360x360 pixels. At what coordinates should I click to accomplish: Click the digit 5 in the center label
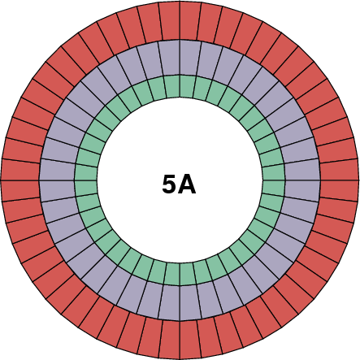[x=169, y=184]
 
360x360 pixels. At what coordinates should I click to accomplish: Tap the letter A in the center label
[x=188, y=184]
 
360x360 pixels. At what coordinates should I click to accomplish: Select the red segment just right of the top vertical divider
[x=190, y=22]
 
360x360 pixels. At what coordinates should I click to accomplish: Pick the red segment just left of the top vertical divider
[x=169, y=22]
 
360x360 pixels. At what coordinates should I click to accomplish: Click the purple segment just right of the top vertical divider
[x=189, y=58]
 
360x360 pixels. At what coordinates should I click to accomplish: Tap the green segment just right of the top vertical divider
[x=186, y=86]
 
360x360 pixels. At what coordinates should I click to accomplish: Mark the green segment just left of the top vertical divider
[x=173, y=86]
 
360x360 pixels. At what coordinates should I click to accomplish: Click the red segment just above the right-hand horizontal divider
[x=339, y=169]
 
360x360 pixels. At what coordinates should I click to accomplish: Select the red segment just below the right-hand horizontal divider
[x=339, y=190]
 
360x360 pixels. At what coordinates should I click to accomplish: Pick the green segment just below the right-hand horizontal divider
[x=274, y=186]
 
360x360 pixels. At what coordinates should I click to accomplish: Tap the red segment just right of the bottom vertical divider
[x=190, y=339]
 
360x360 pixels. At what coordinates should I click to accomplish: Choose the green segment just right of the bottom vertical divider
[x=186, y=274]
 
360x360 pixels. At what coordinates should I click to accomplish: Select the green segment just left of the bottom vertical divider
[x=173, y=274]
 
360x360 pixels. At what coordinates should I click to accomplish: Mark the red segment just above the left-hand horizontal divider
[x=21, y=169]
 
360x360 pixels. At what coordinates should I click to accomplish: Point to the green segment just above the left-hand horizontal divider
[x=86, y=173]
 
